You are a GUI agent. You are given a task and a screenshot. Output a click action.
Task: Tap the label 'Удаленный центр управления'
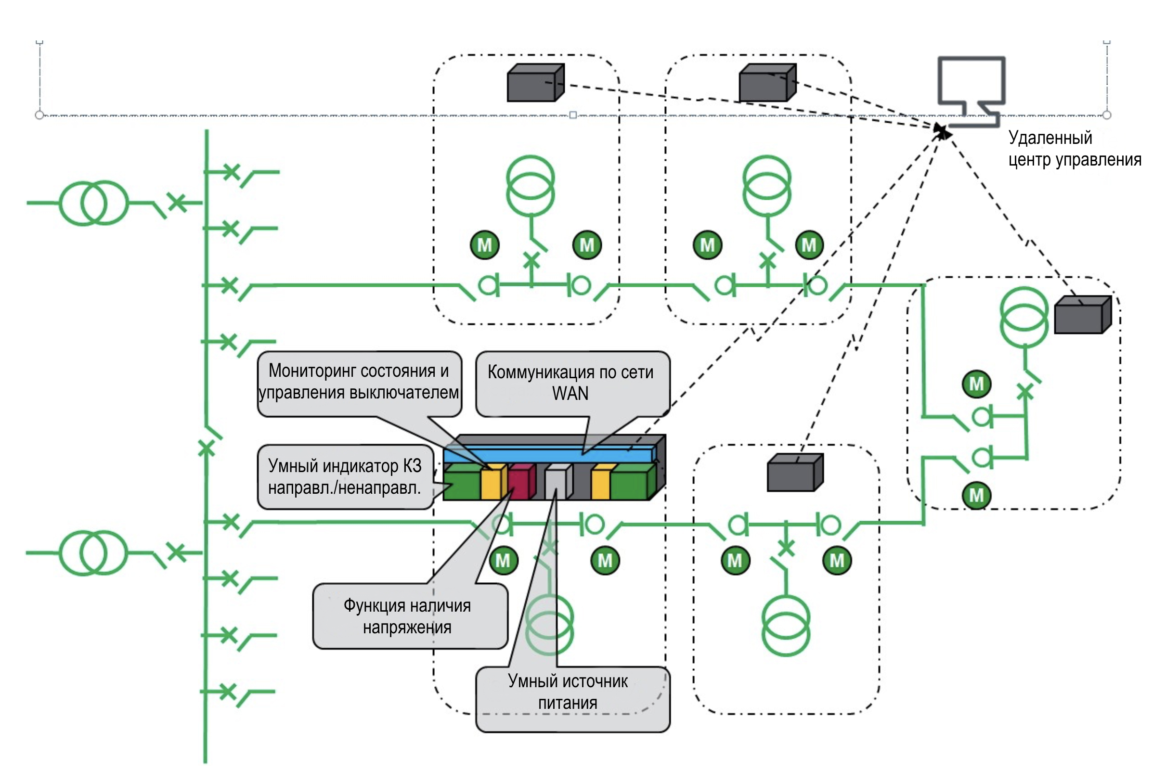[1074, 149]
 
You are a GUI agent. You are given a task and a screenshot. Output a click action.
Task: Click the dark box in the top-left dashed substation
[535, 83]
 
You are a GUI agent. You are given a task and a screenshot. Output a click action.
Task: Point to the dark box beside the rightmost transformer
[1082, 315]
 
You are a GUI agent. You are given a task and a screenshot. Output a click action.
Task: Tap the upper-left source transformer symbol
[94, 203]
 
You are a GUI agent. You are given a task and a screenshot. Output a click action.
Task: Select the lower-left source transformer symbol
[93, 553]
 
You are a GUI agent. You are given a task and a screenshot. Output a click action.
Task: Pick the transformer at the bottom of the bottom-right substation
[785, 625]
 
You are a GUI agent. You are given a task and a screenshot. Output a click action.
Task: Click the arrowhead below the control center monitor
[942, 130]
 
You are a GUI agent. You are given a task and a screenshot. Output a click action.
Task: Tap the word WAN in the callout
[570, 393]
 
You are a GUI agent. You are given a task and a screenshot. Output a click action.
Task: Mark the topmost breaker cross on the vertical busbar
[231, 172]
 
